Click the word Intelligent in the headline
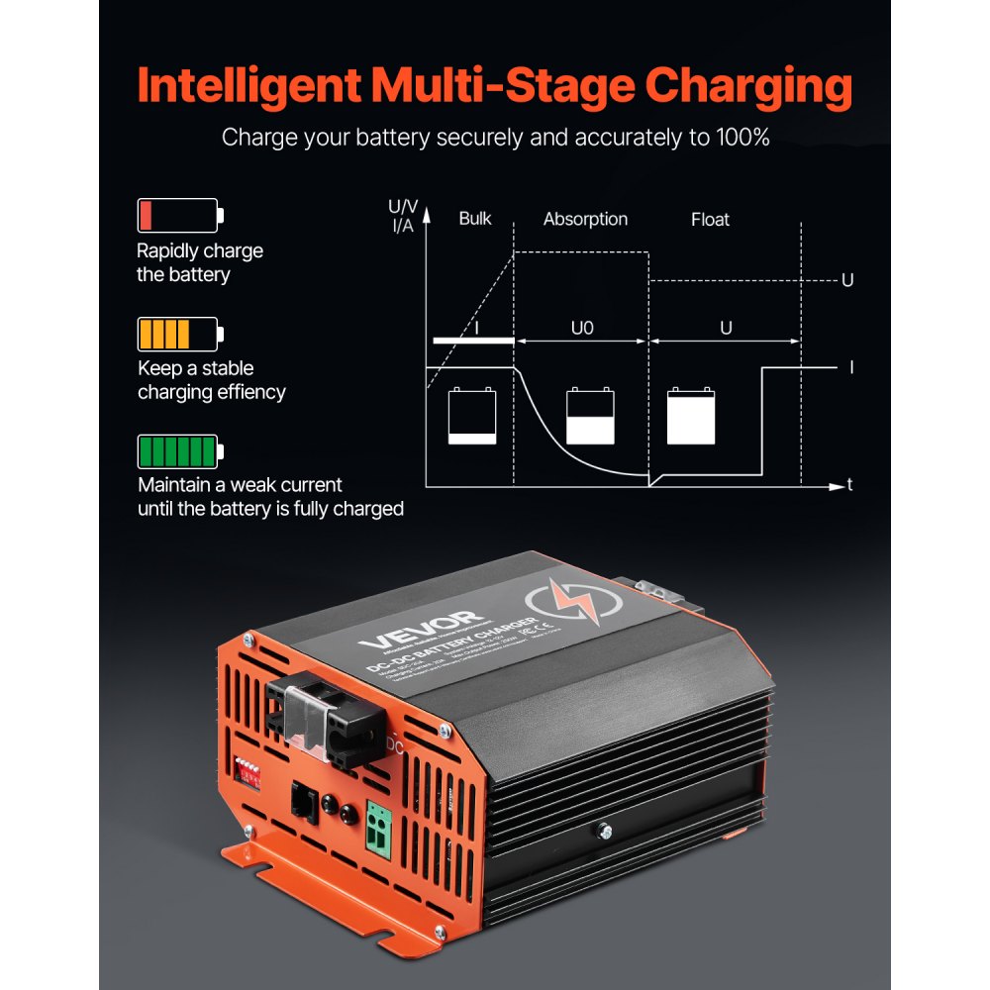(x=248, y=87)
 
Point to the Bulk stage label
(x=475, y=219)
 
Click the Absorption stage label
(x=585, y=219)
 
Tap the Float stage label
(x=710, y=219)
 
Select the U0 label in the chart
(x=582, y=328)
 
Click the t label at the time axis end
(x=849, y=485)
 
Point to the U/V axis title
(x=403, y=207)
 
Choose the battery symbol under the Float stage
(x=691, y=416)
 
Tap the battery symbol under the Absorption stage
(x=590, y=416)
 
